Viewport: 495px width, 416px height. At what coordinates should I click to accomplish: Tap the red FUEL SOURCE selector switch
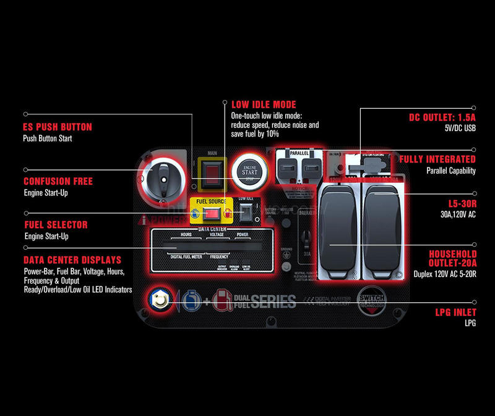pyautogui.click(x=213, y=214)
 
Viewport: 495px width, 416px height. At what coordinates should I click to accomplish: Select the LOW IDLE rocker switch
pyautogui.click(x=246, y=212)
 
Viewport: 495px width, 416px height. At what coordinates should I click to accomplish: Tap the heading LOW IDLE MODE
pyautogui.click(x=264, y=104)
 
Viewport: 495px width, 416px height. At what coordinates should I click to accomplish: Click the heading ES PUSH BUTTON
pyautogui.click(x=58, y=127)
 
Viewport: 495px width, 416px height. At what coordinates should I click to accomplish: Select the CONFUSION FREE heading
pyautogui.click(x=58, y=182)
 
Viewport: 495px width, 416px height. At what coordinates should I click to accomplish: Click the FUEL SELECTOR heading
pyautogui.click(x=56, y=225)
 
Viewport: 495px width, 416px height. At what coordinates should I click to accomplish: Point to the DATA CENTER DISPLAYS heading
pyautogui.click(x=72, y=260)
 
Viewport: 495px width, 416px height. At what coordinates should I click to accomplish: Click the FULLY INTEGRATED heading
pyautogui.click(x=437, y=159)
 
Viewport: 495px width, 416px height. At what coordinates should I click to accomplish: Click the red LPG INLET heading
pyautogui.click(x=455, y=313)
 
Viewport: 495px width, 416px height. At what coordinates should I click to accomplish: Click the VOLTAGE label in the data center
pyautogui.click(x=217, y=236)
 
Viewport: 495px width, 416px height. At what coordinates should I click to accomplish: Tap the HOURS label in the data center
pyautogui.click(x=186, y=236)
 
